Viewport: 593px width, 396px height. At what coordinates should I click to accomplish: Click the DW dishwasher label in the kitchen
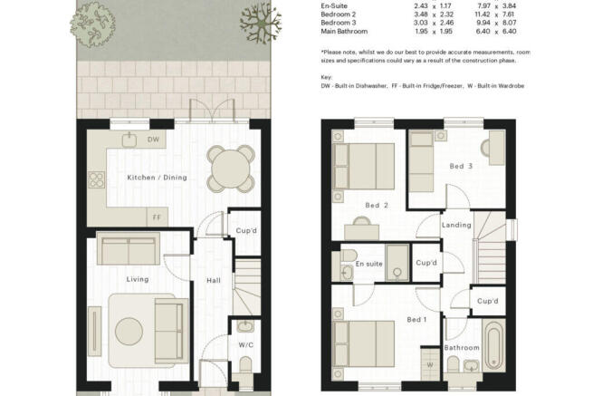(x=153, y=140)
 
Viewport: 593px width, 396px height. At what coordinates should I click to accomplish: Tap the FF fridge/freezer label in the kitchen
(x=157, y=217)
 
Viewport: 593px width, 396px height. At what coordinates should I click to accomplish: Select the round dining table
(x=231, y=169)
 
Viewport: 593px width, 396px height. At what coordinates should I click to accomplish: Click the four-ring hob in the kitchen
(x=97, y=179)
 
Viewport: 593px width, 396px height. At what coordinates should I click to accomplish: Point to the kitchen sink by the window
(x=129, y=140)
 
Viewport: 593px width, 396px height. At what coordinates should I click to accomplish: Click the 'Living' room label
(x=138, y=279)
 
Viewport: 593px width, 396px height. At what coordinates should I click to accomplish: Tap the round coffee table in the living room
(x=129, y=332)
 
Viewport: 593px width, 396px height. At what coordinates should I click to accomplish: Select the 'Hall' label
(x=214, y=281)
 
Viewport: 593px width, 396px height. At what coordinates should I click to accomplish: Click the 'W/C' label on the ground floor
(x=246, y=345)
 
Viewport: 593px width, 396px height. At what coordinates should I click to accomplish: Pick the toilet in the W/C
(x=246, y=364)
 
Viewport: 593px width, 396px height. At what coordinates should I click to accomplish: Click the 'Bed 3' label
(x=461, y=166)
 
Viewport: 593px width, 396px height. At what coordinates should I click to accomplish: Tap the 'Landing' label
(x=457, y=225)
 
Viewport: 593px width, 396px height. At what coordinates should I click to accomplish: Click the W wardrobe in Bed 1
(x=430, y=363)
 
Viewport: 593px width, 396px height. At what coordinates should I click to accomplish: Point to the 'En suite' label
(x=369, y=264)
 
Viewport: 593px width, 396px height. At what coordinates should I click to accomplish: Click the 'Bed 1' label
(x=416, y=320)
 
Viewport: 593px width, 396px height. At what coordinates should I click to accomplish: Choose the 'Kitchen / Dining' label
(x=157, y=178)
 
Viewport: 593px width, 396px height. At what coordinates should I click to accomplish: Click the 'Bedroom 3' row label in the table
(x=339, y=23)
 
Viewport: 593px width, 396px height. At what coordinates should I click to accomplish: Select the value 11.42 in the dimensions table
(x=483, y=14)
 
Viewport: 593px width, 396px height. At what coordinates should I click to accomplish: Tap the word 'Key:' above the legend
(x=327, y=77)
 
